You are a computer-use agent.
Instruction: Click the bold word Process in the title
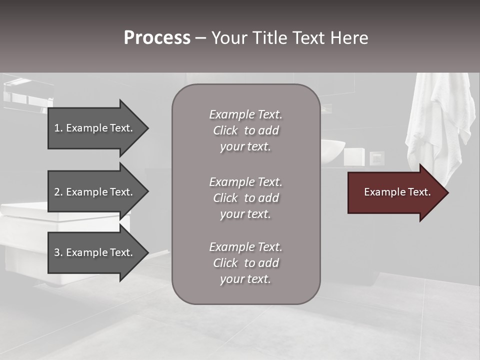[x=157, y=38]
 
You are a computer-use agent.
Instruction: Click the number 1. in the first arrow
[x=58, y=128]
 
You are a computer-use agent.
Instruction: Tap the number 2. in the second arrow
[x=58, y=192]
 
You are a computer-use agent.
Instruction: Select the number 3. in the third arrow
[x=58, y=252]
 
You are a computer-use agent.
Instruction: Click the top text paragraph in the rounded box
[x=245, y=130]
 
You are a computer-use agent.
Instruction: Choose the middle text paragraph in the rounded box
[x=245, y=198]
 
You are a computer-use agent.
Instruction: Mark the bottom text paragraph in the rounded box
[x=245, y=263]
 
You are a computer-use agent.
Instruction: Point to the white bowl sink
[x=333, y=151]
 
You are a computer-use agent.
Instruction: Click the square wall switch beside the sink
[x=376, y=158]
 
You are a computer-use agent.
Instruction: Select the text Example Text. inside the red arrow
[x=397, y=192]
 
